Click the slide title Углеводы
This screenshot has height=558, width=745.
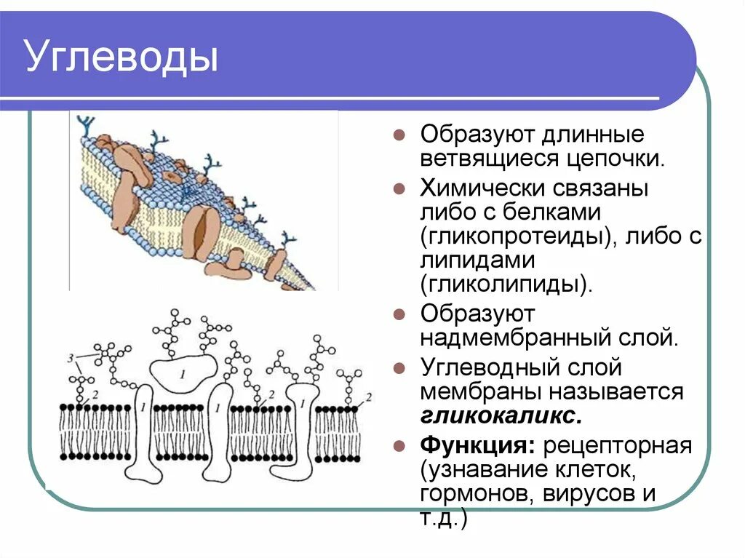122,57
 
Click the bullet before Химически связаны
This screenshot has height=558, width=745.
399,189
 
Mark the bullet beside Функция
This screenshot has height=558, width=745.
399,445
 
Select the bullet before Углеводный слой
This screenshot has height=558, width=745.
399,367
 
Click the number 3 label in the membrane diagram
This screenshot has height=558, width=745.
69,359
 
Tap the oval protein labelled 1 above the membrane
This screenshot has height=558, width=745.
183,372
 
